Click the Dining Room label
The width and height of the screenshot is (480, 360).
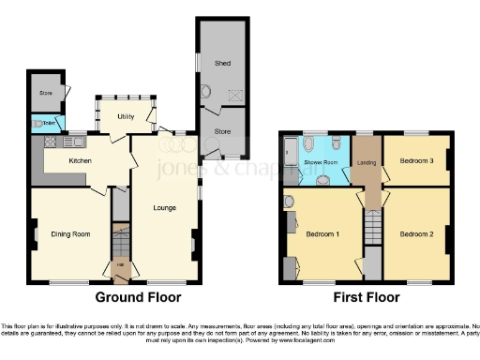point(70,233)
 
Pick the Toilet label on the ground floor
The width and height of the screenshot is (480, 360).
point(43,123)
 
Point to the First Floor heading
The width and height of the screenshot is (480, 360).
point(367,297)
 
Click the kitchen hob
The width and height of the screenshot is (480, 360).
point(48,142)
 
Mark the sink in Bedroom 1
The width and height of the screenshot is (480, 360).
point(290,201)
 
